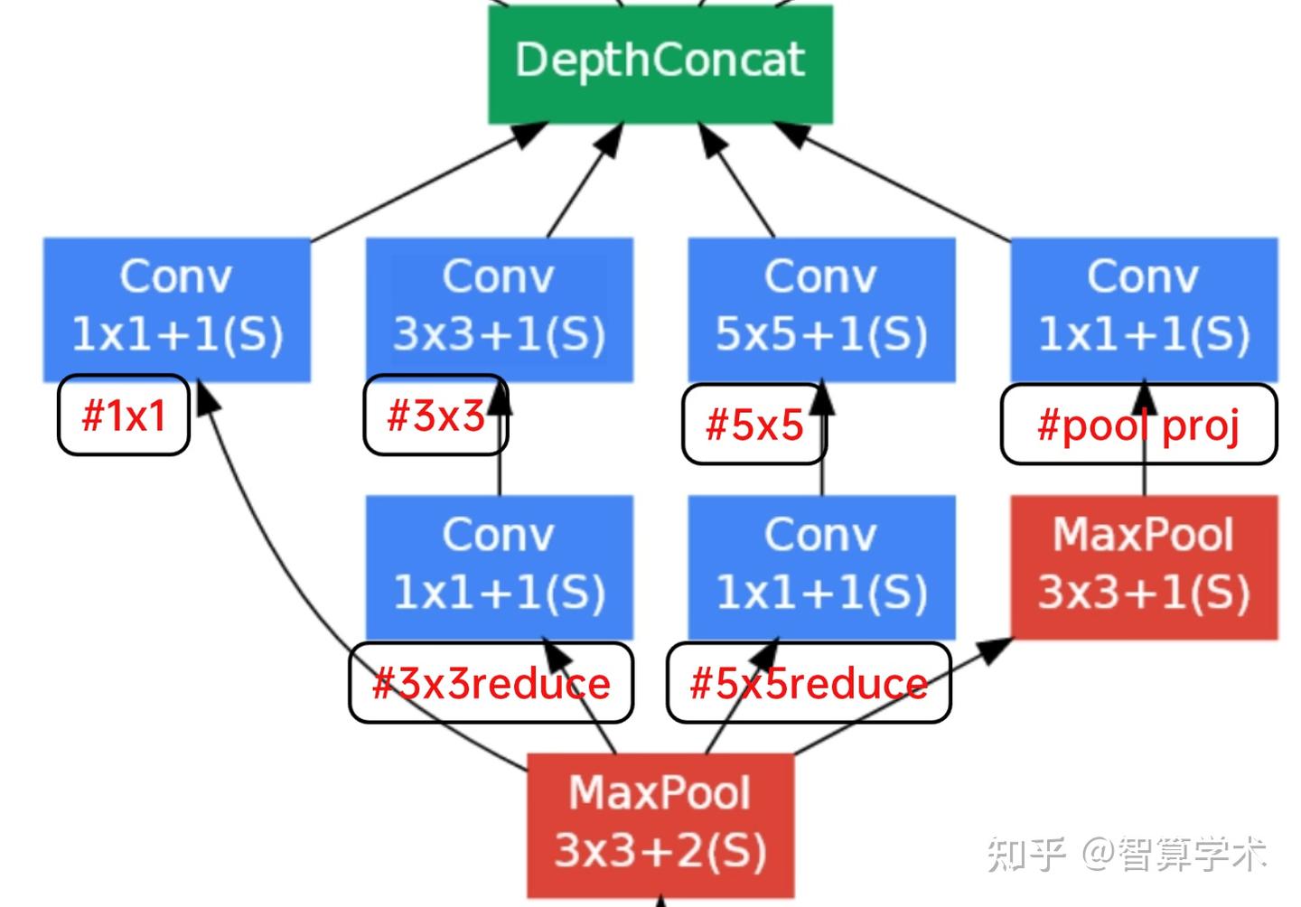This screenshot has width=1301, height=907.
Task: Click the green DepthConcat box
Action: point(660,63)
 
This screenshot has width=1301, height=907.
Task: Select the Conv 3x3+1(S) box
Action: point(499,307)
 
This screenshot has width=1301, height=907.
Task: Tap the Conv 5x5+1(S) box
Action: point(821,307)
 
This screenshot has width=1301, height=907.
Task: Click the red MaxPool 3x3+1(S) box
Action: point(1144,566)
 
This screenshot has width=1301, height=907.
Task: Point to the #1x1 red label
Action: point(124,416)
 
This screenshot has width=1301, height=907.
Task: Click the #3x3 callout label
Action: point(435,416)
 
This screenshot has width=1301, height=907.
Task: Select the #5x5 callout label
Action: point(753,425)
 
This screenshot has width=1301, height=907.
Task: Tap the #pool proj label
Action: point(1138,425)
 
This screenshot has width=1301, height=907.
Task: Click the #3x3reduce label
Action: point(491,684)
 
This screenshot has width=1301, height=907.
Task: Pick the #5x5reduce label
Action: point(809,684)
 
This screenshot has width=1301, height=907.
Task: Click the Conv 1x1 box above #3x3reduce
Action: point(499,566)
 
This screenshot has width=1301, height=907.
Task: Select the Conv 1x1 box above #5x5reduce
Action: point(821,566)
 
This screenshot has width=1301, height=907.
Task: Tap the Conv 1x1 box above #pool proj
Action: point(1144,307)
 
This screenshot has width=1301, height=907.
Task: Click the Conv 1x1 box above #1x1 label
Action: point(177,307)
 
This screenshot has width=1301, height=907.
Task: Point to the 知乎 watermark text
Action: point(1025,854)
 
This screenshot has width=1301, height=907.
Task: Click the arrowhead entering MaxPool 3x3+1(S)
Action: point(996,649)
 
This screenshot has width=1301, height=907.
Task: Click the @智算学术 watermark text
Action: point(1175,854)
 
